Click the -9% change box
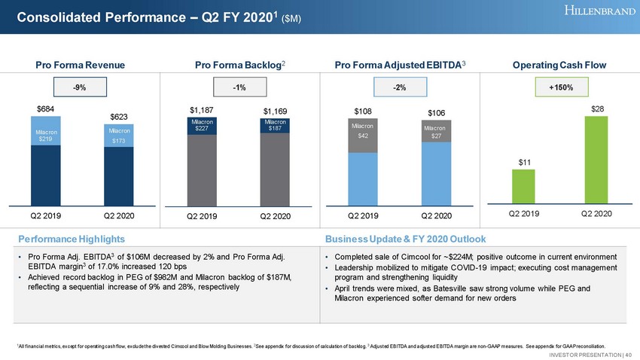coord(79,88)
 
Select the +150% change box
coord(560,88)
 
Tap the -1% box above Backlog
coord(239,88)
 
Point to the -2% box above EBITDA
coord(401,88)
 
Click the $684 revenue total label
coord(47,110)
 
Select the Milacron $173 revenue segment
coord(119,136)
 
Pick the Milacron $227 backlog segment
coord(202,125)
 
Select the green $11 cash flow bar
coord(523,185)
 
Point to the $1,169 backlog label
coord(275,112)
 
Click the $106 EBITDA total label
coord(437,113)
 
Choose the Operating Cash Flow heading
coord(560,65)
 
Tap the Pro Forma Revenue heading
coord(79,65)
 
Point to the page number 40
coord(628,353)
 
